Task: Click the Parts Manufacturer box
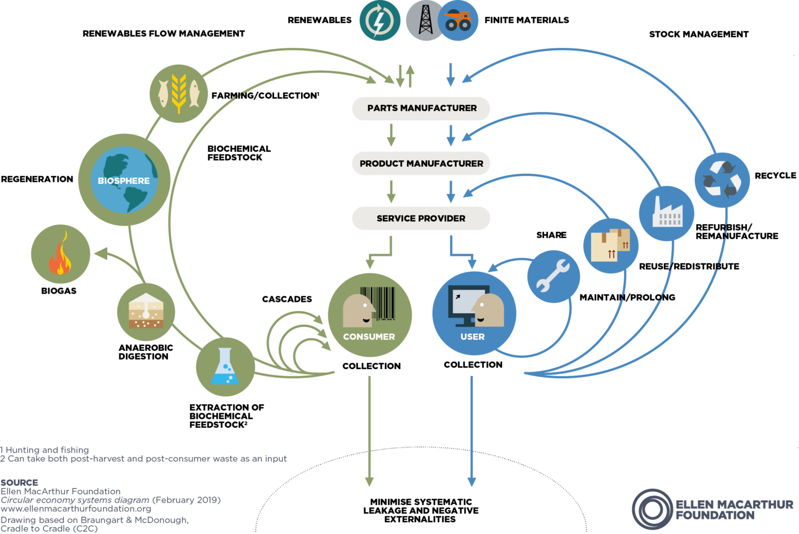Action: coord(421,108)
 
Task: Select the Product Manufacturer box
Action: coord(421,163)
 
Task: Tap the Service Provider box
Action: coord(421,219)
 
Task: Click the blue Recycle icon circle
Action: coord(722,180)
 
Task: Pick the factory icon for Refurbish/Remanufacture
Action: coord(666,213)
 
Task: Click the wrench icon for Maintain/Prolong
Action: coord(553,276)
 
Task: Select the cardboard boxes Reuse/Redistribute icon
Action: coord(611,246)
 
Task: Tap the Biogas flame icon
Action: coord(60,254)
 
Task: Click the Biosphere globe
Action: coord(124,180)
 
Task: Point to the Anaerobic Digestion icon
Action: coord(146,312)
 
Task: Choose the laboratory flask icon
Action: coord(225,367)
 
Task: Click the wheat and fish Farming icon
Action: coord(178,94)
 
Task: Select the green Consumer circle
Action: coord(369,315)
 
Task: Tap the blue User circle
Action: coord(474,313)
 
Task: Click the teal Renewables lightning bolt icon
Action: coord(380,21)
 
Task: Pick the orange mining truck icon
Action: coord(458,21)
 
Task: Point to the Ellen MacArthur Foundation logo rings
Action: coord(652,509)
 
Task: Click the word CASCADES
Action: coord(287,299)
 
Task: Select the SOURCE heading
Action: coord(19,482)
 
